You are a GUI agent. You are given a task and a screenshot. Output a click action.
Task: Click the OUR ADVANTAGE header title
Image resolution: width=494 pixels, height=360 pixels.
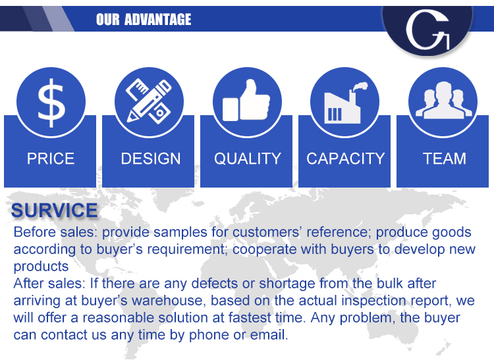point(144,19)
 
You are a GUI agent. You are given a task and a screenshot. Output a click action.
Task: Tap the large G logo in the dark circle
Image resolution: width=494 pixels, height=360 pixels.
point(427,30)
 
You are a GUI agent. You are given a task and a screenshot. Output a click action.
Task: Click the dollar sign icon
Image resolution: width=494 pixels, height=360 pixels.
point(51,103)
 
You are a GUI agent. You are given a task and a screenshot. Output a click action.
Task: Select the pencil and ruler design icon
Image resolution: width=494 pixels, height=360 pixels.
point(149,101)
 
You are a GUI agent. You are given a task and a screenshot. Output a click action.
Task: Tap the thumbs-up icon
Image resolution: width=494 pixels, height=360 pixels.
point(246,101)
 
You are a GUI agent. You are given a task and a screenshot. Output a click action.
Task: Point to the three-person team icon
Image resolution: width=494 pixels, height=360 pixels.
point(443,100)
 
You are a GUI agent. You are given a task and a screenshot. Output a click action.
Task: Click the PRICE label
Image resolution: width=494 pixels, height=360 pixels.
point(51,159)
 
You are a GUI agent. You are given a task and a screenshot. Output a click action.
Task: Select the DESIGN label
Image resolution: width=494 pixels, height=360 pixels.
point(151,159)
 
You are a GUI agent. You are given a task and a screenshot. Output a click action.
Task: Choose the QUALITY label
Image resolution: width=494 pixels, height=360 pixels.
point(247,159)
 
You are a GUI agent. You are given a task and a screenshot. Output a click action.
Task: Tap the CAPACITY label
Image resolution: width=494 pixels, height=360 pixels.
point(346,159)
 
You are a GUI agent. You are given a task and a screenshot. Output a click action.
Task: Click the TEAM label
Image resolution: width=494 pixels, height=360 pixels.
point(444,159)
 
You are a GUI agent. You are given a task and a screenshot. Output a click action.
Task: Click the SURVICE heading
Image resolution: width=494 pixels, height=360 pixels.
point(54,210)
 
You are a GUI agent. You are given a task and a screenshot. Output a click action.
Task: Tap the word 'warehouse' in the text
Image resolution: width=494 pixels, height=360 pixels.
point(169,300)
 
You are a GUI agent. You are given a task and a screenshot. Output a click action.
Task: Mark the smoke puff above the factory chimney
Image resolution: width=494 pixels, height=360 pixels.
point(360,86)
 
